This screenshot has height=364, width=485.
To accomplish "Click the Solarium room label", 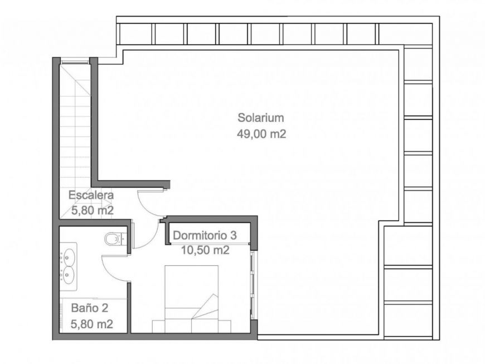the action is tap(260, 118).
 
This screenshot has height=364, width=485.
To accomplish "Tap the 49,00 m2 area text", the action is tap(261, 134).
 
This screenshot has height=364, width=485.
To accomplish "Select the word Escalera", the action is tap(91, 195).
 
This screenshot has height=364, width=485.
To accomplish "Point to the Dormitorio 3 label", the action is tap(205, 236).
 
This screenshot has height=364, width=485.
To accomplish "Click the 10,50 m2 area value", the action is tap(205, 250).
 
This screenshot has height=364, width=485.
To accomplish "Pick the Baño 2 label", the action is tap(89, 308).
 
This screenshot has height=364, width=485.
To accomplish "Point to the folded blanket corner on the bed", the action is tap(205, 306).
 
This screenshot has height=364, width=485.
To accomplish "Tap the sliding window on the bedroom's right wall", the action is tap(253, 285).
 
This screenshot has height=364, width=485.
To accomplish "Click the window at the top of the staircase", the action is tap(75, 61).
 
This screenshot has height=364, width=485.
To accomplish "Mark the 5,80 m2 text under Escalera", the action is tap(93, 210).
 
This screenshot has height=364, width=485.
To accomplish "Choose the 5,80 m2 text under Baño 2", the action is tap(92, 324).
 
